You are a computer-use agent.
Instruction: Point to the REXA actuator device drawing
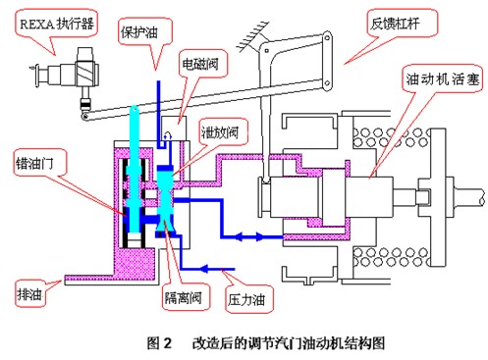pyautogui.click(x=68, y=74)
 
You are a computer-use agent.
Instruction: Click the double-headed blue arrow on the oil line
pyautogui.click(x=256, y=235)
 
